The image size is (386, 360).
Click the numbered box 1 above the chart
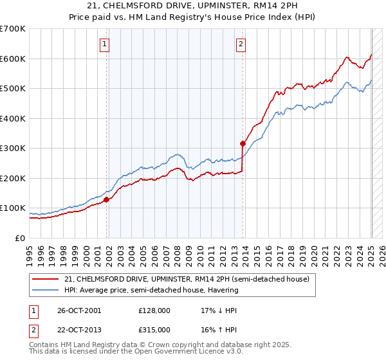tap(104, 44)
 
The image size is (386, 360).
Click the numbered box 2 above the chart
tap(241, 44)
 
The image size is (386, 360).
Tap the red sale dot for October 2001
tap(107, 199)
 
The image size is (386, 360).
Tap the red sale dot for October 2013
tap(243, 143)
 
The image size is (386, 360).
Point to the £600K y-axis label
tap(13, 59)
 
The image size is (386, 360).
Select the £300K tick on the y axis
tap(13, 148)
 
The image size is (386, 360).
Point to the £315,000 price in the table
tap(154, 329)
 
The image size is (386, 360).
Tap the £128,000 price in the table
tap(154, 310)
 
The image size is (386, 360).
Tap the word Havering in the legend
tap(223, 290)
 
